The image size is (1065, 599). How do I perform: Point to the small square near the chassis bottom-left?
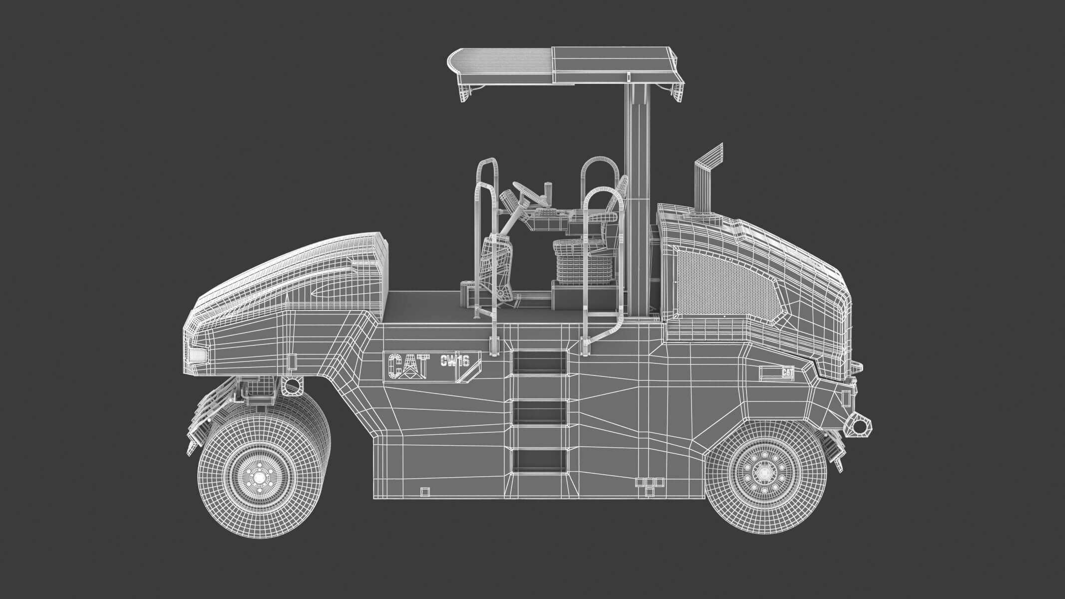[424, 492]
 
